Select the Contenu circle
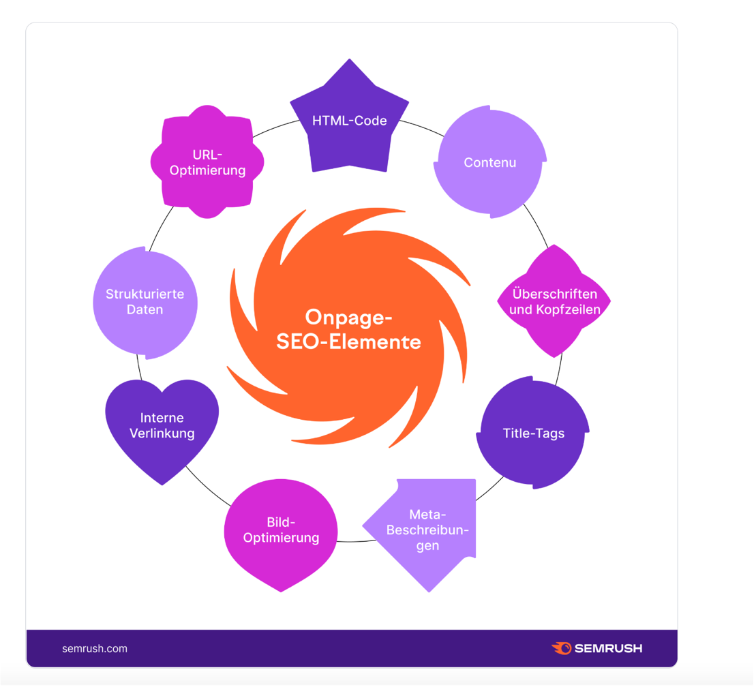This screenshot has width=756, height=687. tap(489, 162)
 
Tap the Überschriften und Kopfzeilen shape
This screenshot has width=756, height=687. tap(554, 301)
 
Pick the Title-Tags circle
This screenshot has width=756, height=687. tap(533, 432)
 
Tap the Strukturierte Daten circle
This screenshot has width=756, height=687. tap(145, 301)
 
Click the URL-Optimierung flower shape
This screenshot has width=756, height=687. tap(208, 162)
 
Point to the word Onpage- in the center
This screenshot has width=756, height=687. tap(348, 317)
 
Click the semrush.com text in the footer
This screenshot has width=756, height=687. tap(94, 648)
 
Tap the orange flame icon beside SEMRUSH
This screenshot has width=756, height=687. tap(561, 648)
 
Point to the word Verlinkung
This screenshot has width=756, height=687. tap(162, 433)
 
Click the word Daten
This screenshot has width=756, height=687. tap(145, 309)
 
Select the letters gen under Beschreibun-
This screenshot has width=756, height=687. tap(427, 546)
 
